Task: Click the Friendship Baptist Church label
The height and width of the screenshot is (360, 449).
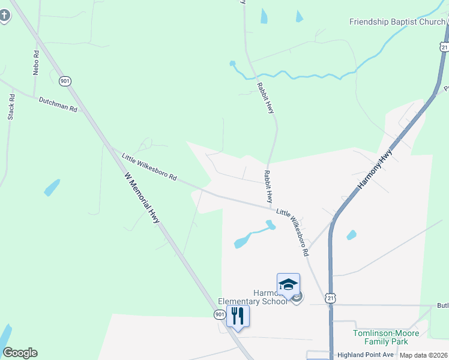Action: pyautogui.click(x=397, y=22)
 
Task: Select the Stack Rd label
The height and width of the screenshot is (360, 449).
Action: pyautogui.click(x=11, y=107)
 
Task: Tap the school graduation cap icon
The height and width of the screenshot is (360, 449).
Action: pyautogui.click(x=288, y=284)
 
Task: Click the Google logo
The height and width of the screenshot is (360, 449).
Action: pyautogui.click(x=20, y=353)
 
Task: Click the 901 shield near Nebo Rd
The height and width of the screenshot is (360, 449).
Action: pyautogui.click(x=65, y=80)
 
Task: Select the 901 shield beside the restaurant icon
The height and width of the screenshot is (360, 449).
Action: pyautogui.click(x=220, y=314)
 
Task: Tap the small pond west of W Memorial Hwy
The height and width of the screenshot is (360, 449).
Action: pyautogui.click(x=52, y=188)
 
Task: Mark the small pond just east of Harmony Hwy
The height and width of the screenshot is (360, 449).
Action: pyautogui.click(x=351, y=235)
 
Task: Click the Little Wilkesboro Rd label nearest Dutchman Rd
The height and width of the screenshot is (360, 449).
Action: pyautogui.click(x=149, y=167)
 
